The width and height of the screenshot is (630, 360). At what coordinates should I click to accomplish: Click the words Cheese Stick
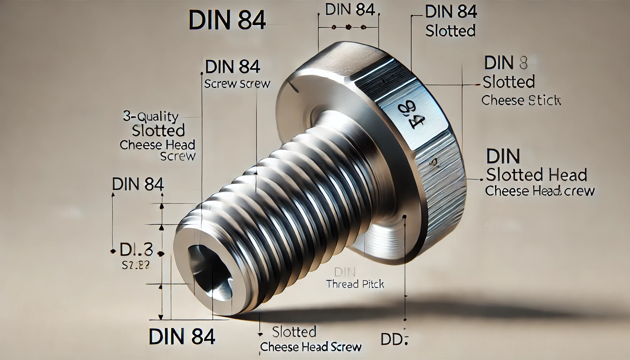[521, 101]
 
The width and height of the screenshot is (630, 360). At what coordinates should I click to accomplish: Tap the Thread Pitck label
[355, 284]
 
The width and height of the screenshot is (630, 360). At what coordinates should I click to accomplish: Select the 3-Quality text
[150, 116]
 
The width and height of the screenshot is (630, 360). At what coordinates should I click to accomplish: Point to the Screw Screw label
[237, 84]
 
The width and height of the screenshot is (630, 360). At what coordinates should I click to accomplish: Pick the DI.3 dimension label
[136, 250]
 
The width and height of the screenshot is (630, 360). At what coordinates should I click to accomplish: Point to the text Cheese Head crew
[539, 191]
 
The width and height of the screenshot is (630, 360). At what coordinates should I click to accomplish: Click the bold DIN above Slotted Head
[503, 156]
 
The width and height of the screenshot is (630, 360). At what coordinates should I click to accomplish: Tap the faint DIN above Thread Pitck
[345, 271]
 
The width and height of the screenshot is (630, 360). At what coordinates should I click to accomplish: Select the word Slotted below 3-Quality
[158, 130]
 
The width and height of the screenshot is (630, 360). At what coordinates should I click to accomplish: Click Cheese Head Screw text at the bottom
[310, 347]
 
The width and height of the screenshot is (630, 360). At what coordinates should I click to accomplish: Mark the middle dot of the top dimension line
[349, 27]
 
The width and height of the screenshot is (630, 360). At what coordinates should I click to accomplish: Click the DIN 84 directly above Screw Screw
[233, 67]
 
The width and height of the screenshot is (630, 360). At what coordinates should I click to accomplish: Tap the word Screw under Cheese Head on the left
[178, 156]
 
